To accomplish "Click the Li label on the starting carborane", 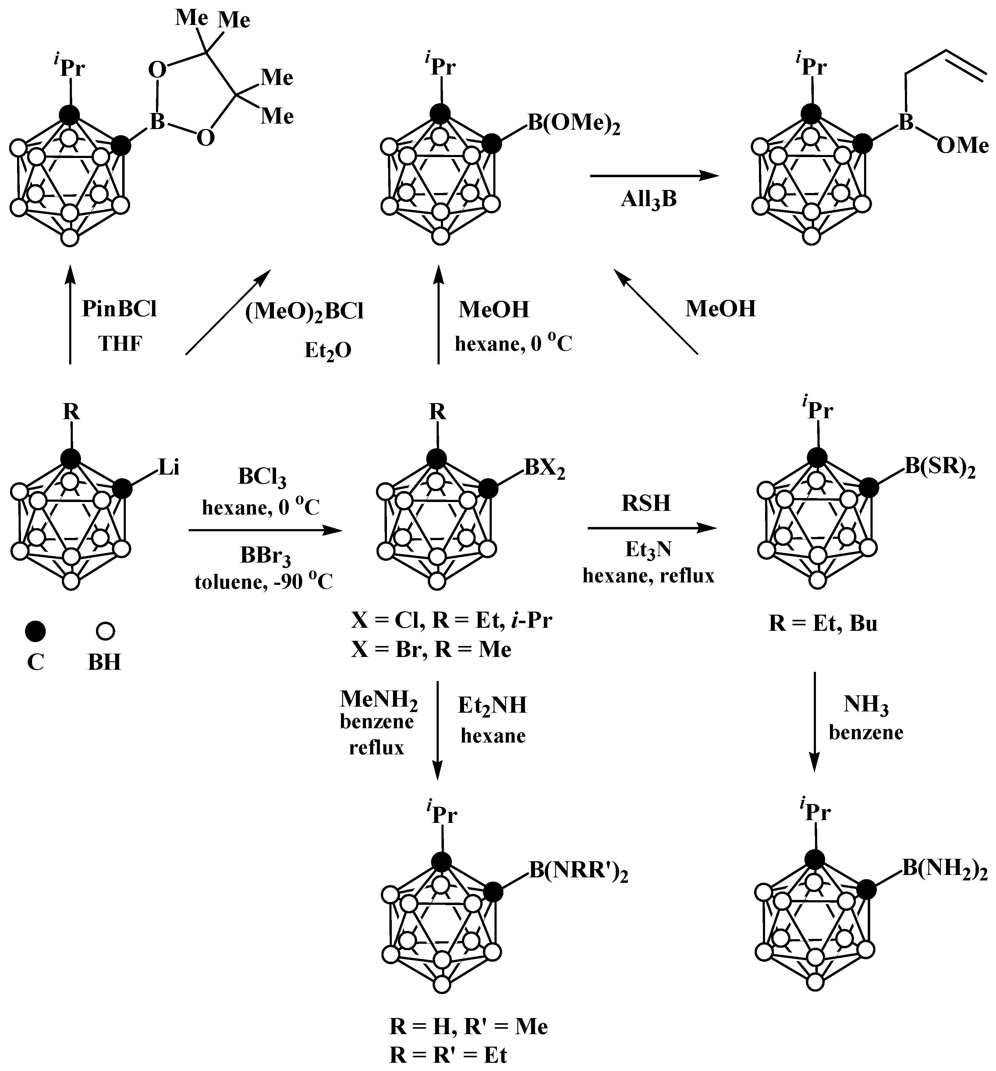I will coord(169,467).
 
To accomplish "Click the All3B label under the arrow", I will coord(648,200).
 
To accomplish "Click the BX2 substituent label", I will coord(545,469).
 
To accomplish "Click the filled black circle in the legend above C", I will coord(36,631).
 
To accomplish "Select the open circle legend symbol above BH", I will coord(105,631).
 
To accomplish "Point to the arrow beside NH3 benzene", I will coord(814,722).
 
